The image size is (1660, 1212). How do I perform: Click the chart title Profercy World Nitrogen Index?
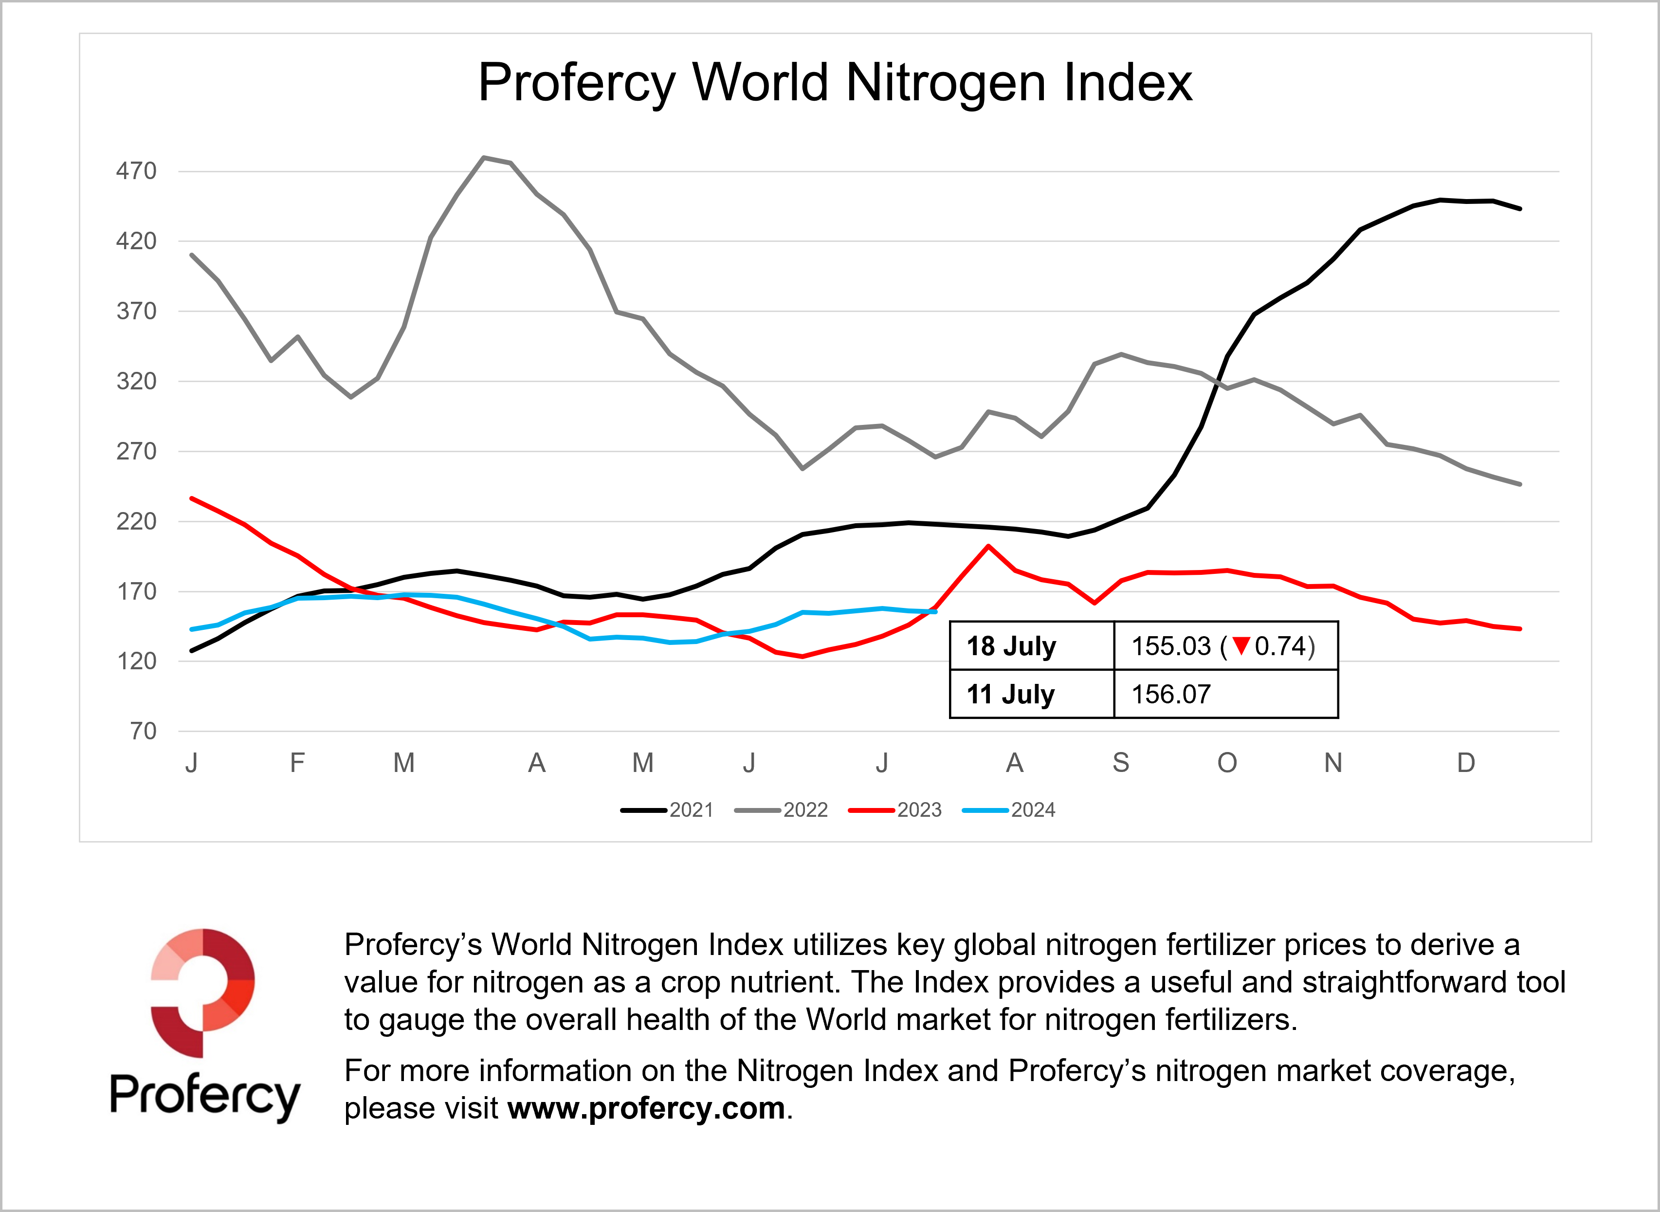pyautogui.click(x=835, y=82)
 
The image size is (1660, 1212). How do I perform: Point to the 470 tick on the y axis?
pyautogui.click(x=136, y=171)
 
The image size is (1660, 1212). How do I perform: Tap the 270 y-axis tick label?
pyautogui.click(x=136, y=451)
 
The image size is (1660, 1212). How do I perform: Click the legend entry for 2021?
pyautogui.click(x=668, y=810)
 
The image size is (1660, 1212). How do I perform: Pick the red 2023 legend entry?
pyautogui.click(x=895, y=810)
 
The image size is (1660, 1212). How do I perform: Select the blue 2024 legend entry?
pyautogui.click(x=1009, y=810)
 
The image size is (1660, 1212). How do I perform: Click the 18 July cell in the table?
pyautogui.click(x=1011, y=646)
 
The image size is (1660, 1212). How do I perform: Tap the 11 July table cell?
pyautogui.click(x=1010, y=694)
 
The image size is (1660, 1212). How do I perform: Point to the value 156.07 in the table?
pyautogui.click(x=1171, y=694)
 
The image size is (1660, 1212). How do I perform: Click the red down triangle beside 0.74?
pyautogui.click(x=1241, y=645)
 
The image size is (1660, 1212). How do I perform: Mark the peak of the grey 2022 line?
pyautogui.click(x=483, y=157)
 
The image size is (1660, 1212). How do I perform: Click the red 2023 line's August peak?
pyautogui.click(x=988, y=546)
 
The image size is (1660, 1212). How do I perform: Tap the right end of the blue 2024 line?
pyautogui.click(x=934, y=612)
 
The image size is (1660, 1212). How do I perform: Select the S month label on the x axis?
pyautogui.click(x=1121, y=763)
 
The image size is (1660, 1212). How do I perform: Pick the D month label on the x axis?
pyautogui.click(x=1466, y=763)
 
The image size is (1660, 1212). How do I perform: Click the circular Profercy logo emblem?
pyautogui.click(x=203, y=992)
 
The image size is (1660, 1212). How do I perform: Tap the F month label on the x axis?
pyautogui.click(x=297, y=763)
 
